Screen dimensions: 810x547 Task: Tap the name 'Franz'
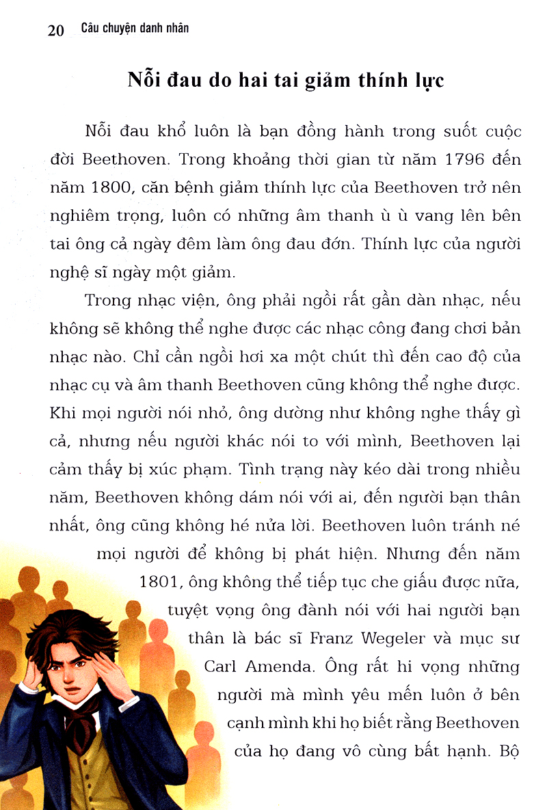(333, 638)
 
